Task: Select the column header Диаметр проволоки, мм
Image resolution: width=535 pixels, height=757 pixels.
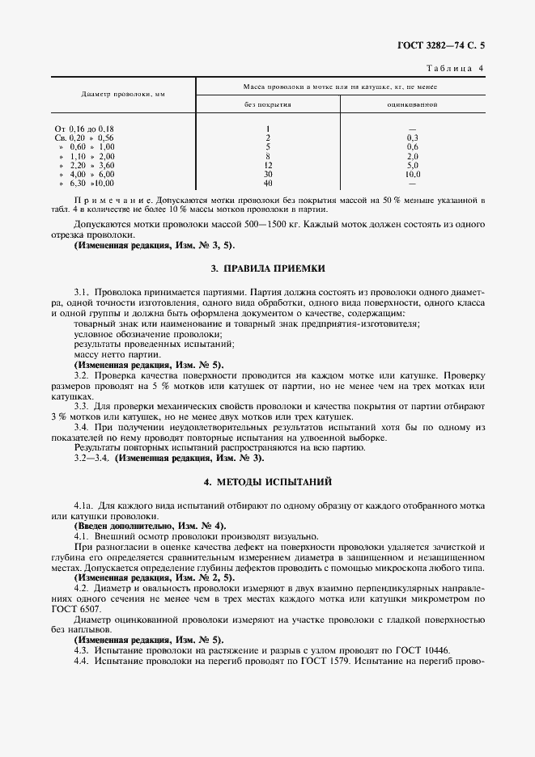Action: tap(124, 95)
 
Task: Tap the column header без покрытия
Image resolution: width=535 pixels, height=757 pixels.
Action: tap(267, 104)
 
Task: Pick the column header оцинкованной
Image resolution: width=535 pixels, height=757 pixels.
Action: tap(412, 104)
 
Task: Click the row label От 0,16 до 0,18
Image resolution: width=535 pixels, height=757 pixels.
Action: tap(84, 129)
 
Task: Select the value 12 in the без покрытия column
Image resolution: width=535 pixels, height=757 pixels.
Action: tap(267, 165)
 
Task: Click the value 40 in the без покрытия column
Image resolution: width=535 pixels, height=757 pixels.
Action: tap(267, 183)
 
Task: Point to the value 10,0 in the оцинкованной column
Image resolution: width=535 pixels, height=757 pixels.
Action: tap(413, 174)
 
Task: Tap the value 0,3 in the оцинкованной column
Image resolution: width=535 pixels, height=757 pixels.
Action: tap(413, 137)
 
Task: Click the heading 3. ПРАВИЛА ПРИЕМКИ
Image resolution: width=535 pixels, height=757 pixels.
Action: tap(267, 268)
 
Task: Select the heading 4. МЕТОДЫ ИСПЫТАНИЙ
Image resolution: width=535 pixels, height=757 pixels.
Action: tap(267, 482)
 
